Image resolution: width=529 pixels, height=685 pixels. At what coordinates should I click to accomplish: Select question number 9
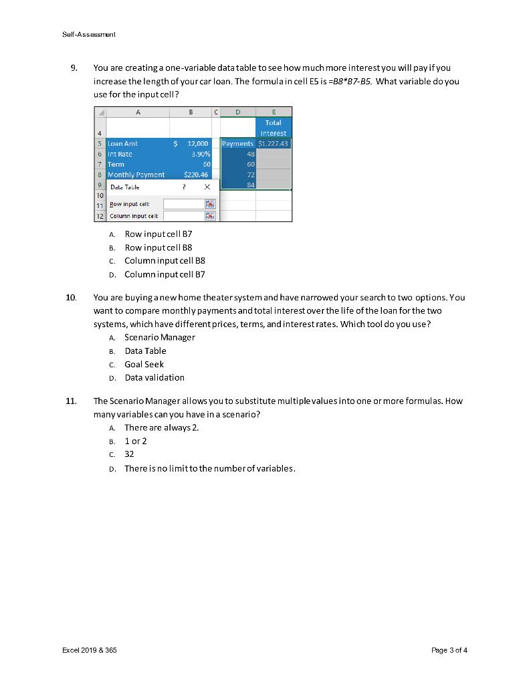pos(74,68)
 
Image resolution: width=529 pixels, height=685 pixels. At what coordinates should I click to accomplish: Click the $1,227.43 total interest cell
pos(273,144)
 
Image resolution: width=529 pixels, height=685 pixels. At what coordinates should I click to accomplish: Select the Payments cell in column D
pos(237,144)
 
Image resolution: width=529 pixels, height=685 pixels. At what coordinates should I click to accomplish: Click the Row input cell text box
pos(184,204)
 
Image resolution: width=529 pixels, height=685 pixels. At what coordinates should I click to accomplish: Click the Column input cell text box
pos(184,216)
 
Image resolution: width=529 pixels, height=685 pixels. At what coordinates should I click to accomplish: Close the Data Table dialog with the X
pos(207,188)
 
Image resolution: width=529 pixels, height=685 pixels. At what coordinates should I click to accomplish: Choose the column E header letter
pos(273,112)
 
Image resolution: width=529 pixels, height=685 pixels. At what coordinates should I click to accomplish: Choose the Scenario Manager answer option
pos(159,337)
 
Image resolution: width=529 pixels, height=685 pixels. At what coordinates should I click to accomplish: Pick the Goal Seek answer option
pos(144,365)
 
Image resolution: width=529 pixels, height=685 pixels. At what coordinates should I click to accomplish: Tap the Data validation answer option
pos(154,378)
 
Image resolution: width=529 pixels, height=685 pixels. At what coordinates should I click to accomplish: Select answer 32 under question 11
pos(130,454)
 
